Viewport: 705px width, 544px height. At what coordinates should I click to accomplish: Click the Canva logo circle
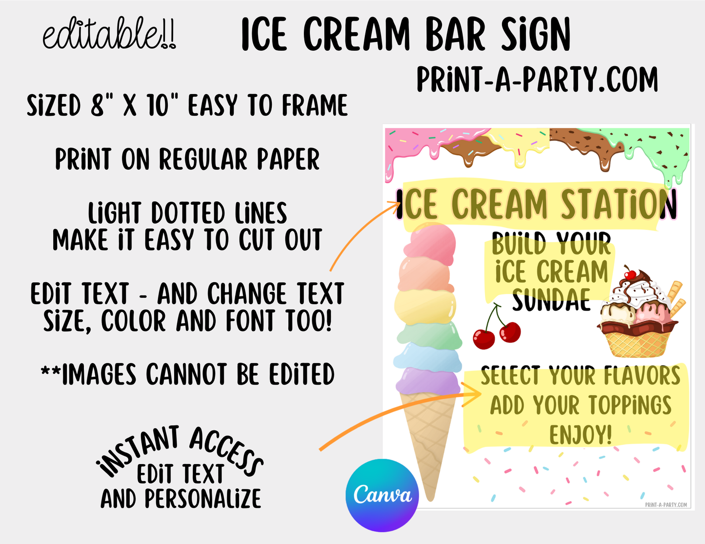[x=382, y=495]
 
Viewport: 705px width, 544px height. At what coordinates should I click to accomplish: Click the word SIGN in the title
[x=535, y=34]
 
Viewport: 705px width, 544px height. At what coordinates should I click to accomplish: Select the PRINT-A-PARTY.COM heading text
[x=537, y=79]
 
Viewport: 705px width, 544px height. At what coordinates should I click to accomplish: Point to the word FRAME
[x=314, y=105]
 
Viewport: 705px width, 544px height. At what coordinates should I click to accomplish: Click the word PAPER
[x=288, y=159]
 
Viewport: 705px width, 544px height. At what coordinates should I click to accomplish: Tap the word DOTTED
[x=188, y=213]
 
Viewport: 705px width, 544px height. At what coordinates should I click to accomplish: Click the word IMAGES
[x=99, y=374]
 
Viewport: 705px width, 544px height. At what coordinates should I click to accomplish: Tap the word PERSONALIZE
[x=203, y=498]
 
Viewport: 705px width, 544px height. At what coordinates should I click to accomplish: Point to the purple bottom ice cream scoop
[x=427, y=381]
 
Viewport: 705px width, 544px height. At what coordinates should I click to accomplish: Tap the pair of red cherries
[x=496, y=327]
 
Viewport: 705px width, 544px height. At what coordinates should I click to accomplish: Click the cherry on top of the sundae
[x=630, y=274]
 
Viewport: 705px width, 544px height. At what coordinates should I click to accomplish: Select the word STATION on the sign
[x=619, y=204]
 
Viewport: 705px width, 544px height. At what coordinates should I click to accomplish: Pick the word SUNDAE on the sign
[x=551, y=299]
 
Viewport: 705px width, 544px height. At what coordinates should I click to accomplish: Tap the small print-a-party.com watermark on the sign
[x=666, y=505]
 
